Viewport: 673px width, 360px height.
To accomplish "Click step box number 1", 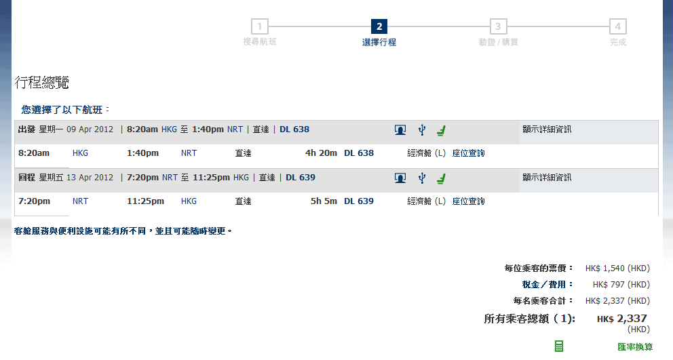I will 259,27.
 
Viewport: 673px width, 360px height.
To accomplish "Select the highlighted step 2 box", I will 379,27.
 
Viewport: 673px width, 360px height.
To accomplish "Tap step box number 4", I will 617,27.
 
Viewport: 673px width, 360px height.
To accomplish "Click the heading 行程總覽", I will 42,83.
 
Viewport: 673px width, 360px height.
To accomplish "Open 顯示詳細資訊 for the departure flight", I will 547,129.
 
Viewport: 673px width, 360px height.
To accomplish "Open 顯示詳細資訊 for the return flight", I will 547,178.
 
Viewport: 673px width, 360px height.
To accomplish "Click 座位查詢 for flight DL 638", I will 469,153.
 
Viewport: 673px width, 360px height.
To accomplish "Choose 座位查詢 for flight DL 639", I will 469,201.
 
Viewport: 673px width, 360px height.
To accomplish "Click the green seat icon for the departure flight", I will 441,130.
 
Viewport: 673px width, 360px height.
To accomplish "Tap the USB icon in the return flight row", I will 421,178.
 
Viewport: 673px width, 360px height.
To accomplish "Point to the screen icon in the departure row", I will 400,130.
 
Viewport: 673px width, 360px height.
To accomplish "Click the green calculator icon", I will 559,346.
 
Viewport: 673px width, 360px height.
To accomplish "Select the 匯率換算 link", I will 635,347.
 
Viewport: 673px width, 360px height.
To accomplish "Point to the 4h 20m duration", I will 321,153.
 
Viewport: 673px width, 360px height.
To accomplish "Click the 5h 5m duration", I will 324,201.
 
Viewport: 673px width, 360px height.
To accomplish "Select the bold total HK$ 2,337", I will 621,319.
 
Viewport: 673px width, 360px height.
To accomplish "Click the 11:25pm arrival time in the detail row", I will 145,201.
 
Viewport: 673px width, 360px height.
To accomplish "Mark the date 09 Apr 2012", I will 90,129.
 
